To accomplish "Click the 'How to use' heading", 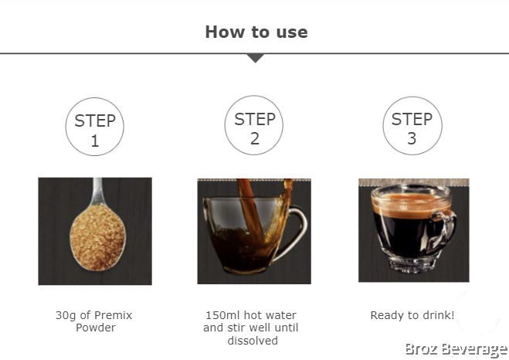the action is click(x=256, y=32).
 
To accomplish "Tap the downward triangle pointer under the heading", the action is click(x=256, y=58).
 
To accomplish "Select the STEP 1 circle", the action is click(x=95, y=127).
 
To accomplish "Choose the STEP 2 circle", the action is click(x=254, y=125).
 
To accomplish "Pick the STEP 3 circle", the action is click(x=412, y=126).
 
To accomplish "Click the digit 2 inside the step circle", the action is click(x=255, y=138).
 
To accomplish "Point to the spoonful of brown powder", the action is click(x=98, y=236).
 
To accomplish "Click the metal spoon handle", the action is click(x=97, y=191).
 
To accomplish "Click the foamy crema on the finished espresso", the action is click(x=411, y=205).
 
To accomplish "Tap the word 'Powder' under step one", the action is click(x=96, y=328).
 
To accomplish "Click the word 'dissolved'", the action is click(x=253, y=341).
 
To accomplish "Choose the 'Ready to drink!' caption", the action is click(x=412, y=315).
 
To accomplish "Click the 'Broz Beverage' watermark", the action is click(x=456, y=350).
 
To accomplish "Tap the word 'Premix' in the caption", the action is click(x=114, y=315).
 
